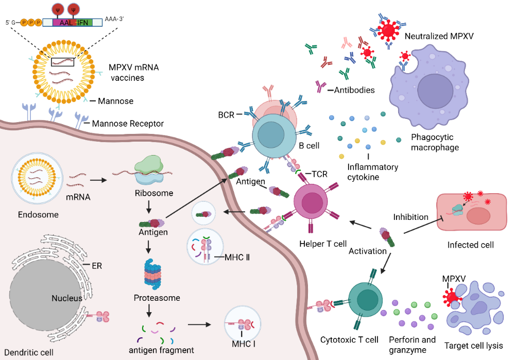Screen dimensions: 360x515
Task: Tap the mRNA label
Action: click(79, 196)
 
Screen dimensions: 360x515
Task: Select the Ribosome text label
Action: click(153, 193)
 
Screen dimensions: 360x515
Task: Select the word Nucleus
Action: click(67, 298)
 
